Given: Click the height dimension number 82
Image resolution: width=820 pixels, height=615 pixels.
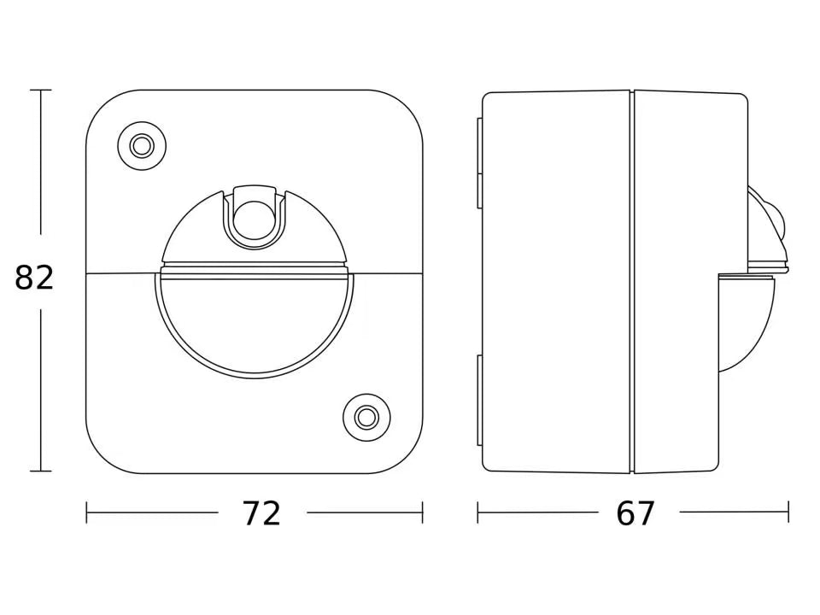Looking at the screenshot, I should point(34,278).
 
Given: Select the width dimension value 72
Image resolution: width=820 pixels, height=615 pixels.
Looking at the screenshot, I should point(261,513).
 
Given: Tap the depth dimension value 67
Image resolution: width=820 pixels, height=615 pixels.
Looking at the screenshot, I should point(635,513).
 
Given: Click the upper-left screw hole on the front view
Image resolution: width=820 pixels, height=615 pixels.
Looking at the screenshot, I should point(142,146).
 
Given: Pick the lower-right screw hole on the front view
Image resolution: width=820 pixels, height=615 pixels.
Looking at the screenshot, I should point(366,417).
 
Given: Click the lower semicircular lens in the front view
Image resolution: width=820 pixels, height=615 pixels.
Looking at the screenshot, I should point(255,329).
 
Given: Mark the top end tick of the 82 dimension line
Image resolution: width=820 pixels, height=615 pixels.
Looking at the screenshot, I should point(40,90).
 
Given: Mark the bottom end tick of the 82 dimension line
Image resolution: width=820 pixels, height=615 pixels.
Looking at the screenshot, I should point(40,471).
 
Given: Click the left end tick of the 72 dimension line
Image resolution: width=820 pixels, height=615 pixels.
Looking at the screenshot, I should point(87,512).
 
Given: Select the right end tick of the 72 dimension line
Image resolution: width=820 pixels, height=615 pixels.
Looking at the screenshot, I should point(422,512).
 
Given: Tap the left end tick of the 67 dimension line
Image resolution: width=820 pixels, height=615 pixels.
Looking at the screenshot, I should point(477,512).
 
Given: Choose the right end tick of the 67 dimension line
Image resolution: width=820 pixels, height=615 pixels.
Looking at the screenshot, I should point(788,512).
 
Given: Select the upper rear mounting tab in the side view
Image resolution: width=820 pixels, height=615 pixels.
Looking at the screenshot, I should point(479,162).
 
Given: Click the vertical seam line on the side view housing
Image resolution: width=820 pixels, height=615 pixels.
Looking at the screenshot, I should point(632,282).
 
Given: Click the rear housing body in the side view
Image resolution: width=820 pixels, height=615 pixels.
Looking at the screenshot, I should point(555,282).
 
